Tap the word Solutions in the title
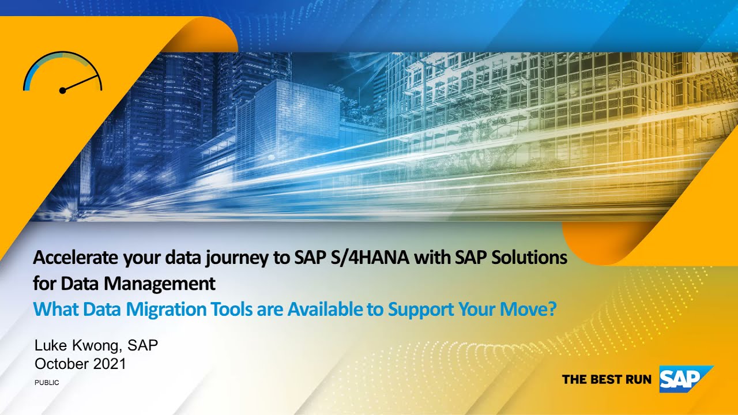[x=529, y=258]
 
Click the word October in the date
[x=59, y=364]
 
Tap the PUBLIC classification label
[x=47, y=383]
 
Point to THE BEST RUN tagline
[x=607, y=379]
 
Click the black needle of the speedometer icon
[x=81, y=83]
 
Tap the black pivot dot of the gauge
[x=62, y=90]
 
